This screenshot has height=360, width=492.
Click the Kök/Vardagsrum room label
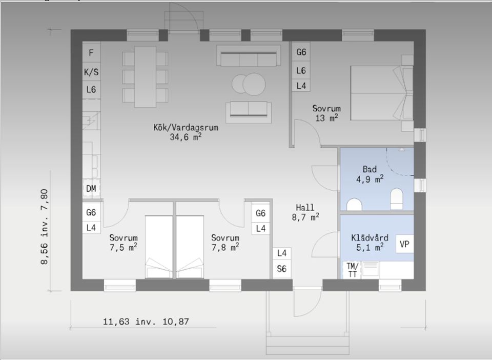point(186,127)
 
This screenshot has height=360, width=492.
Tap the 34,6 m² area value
point(186,137)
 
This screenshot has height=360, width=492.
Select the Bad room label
point(370,169)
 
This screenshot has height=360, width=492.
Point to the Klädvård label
point(370,237)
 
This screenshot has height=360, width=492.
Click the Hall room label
point(305,208)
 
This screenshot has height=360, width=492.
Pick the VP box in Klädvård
point(404,244)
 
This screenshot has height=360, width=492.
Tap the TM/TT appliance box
point(352,270)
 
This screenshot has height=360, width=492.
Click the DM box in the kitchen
point(91,189)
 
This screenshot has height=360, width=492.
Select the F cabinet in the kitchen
point(91,53)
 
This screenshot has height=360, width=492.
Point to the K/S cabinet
point(91,72)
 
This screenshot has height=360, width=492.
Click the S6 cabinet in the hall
point(282,269)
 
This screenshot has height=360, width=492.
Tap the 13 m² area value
point(326,118)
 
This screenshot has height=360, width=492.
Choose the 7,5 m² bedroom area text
point(124,247)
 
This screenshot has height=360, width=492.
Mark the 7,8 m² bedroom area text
point(225,247)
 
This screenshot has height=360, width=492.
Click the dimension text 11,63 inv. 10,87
point(146,322)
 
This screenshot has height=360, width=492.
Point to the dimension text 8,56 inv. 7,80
point(45,227)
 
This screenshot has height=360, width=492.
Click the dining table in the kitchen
point(145,77)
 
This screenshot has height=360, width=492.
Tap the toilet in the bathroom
point(397,199)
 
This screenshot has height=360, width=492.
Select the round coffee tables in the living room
point(249,84)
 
